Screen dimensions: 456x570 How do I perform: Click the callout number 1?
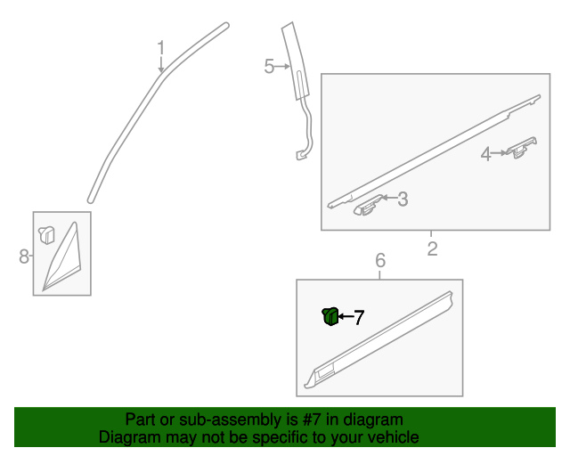(161, 46)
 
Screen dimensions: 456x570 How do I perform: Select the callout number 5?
(269, 67)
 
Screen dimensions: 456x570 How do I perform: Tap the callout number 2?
(432, 248)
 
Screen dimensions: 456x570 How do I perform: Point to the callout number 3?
(403, 199)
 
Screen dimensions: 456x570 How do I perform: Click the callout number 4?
(486, 154)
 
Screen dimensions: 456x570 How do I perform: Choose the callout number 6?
(380, 261)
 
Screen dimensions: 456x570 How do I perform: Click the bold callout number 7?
(359, 317)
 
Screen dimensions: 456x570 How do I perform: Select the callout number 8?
(24, 257)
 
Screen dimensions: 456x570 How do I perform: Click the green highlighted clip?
(329, 315)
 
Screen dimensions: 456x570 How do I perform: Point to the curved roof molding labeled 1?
(134, 116)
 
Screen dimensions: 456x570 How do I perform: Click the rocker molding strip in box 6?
(383, 338)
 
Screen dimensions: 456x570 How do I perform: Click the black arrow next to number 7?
(345, 316)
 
